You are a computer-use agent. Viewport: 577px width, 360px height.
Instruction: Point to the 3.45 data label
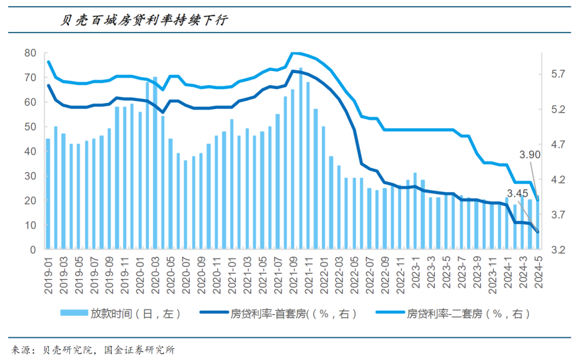coord(517,194)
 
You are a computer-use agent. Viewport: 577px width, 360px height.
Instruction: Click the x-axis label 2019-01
coord(48,274)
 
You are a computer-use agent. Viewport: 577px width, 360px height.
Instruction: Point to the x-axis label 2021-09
coord(293,274)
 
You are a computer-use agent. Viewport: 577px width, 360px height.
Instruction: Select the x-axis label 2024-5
coord(537,272)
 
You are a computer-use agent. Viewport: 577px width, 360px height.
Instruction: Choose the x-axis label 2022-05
coord(354,274)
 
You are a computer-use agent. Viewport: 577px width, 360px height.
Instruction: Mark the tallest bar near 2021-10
coord(300,159)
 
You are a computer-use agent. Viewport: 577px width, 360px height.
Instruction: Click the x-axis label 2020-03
coord(155,274)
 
